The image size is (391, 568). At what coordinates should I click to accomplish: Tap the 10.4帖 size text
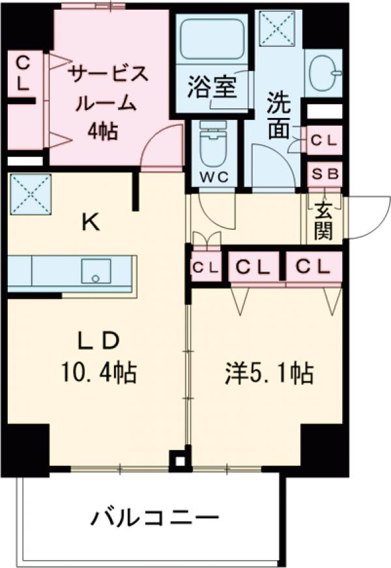point(98,373)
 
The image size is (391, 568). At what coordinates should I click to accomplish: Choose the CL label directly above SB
point(324,139)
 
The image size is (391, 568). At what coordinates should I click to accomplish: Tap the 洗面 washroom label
point(279,117)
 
